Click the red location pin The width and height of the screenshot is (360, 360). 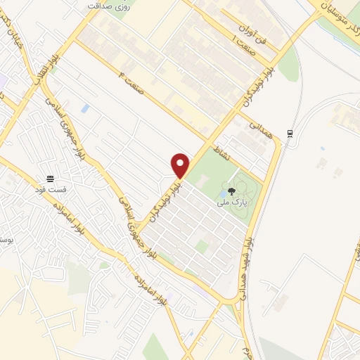[181, 165]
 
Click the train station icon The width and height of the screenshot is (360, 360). [290, 134]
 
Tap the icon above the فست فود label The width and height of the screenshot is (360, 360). [51, 178]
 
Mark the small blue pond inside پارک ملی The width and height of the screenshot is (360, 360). [223, 192]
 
